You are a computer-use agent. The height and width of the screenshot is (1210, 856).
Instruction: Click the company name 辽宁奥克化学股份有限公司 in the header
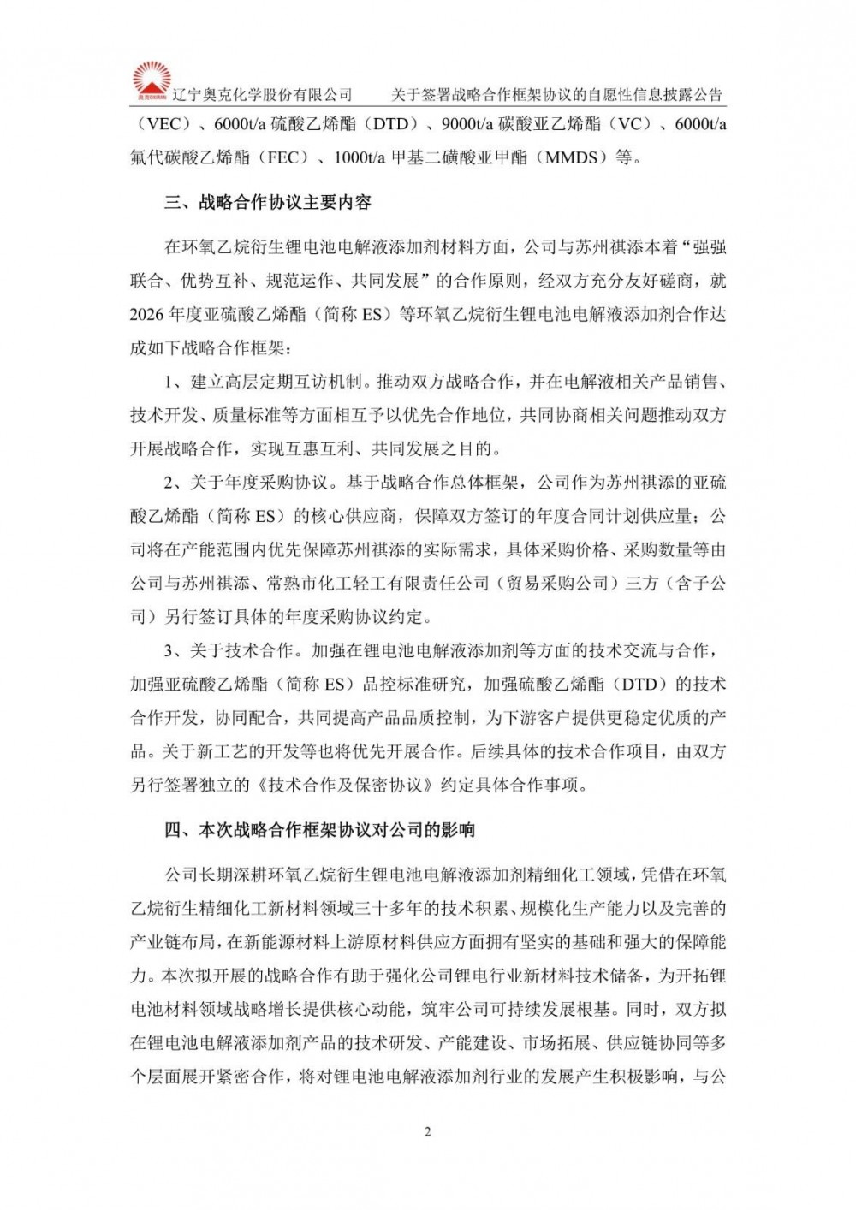point(262,95)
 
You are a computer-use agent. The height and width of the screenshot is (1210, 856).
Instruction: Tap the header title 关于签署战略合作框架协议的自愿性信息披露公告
point(556,95)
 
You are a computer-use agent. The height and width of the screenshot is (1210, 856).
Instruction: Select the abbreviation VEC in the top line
point(164,124)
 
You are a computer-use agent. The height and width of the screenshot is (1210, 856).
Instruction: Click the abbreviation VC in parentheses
point(628,124)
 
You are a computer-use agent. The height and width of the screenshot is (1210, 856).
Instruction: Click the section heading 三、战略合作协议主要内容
point(268,203)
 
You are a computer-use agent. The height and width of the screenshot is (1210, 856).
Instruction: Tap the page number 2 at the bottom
point(428,1132)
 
